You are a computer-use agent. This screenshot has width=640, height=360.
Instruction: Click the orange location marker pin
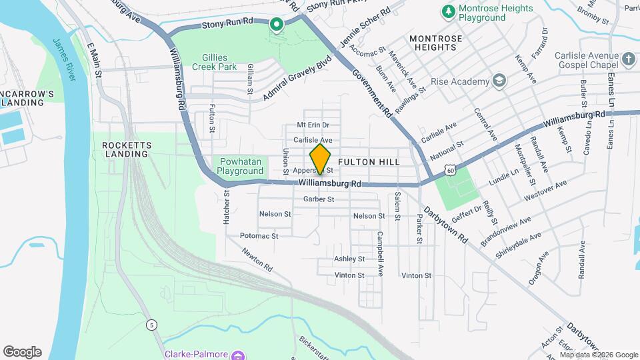click(320, 158)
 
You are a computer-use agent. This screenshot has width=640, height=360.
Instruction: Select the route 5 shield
click(152, 325)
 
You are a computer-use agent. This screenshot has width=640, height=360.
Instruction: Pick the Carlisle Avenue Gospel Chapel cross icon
click(628, 60)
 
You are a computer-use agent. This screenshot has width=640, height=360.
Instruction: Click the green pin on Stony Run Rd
click(276, 25)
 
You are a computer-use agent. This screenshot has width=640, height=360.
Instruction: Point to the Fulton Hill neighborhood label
click(369, 162)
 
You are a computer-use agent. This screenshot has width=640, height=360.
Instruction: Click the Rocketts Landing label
click(126, 149)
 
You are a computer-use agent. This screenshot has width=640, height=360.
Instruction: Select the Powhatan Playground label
click(240, 166)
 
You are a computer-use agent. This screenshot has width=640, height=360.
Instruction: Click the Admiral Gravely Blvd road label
click(297, 77)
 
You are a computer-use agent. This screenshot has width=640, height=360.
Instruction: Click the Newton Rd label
click(257, 259)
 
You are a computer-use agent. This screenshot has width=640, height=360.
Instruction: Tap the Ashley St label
click(349, 259)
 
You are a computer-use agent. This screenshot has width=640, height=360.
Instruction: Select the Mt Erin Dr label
click(313, 125)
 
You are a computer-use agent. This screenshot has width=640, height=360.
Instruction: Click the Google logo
click(22, 352)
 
